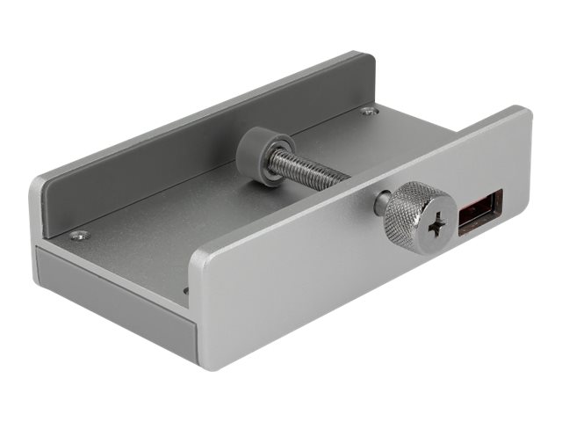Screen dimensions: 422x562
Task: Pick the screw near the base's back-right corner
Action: (368, 111)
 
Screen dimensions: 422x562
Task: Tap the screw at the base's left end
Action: (80, 235)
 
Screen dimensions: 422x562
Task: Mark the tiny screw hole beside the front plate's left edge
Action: (185, 289)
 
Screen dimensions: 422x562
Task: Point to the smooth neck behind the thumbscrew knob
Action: (383, 203)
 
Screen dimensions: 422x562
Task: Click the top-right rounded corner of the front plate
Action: (524, 113)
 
